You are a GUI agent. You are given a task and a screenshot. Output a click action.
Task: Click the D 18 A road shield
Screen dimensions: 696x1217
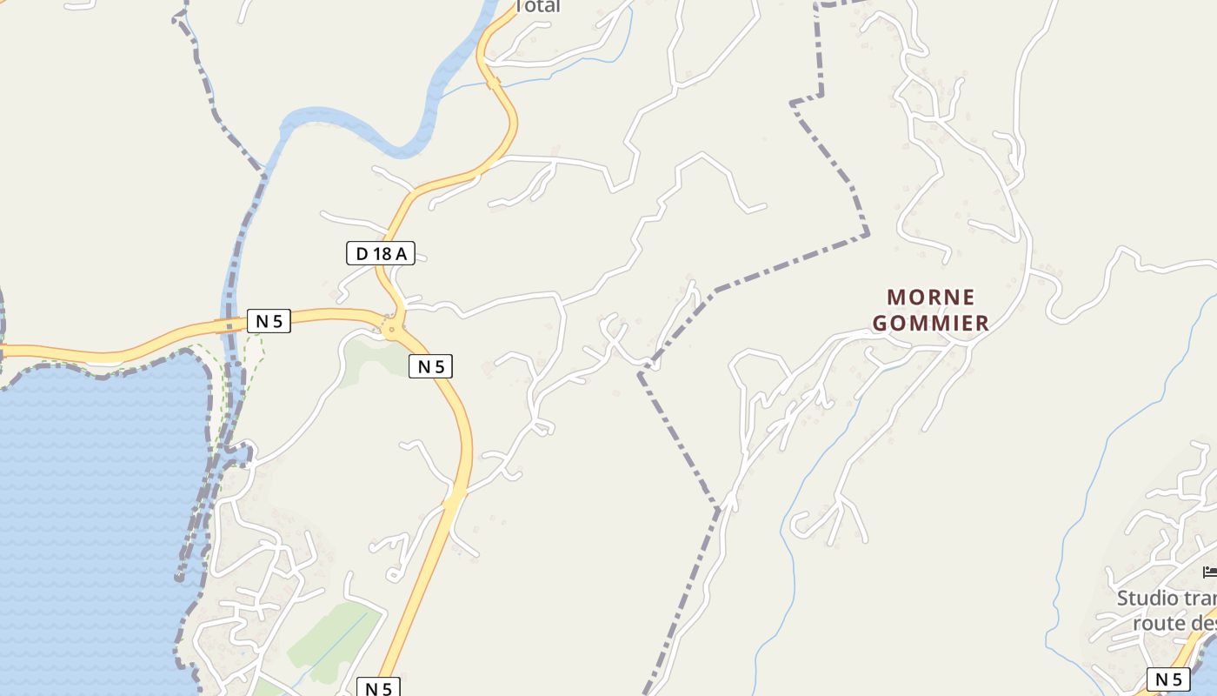(x=381, y=254)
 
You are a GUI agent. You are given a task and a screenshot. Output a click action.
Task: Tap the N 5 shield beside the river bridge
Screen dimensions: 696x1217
(x=269, y=321)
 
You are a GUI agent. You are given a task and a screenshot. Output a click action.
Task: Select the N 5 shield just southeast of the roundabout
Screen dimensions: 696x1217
(x=430, y=366)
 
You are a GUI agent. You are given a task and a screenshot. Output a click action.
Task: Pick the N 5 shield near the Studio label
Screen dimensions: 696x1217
(x=1168, y=679)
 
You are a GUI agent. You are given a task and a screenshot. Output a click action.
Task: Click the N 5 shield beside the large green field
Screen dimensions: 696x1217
(x=378, y=688)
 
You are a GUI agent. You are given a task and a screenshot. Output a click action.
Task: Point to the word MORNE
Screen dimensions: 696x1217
(x=930, y=298)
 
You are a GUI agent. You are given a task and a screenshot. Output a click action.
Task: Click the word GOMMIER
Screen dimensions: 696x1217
(x=930, y=324)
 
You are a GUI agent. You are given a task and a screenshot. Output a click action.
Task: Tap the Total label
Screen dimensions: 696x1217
(x=538, y=7)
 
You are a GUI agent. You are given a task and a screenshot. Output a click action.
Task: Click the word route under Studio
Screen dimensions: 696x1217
(x=1160, y=623)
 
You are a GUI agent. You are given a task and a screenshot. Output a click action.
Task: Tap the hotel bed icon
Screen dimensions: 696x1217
(x=1210, y=572)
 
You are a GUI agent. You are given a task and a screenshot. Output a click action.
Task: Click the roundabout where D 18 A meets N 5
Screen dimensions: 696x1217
(x=393, y=329)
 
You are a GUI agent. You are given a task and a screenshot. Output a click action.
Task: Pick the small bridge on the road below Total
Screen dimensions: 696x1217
(x=493, y=83)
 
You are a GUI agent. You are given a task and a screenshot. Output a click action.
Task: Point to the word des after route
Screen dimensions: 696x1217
(x=1203, y=623)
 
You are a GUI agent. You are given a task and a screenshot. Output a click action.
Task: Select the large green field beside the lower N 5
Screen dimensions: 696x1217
(x=335, y=639)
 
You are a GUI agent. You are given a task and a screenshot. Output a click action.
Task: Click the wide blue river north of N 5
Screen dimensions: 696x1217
(x=365, y=130)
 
